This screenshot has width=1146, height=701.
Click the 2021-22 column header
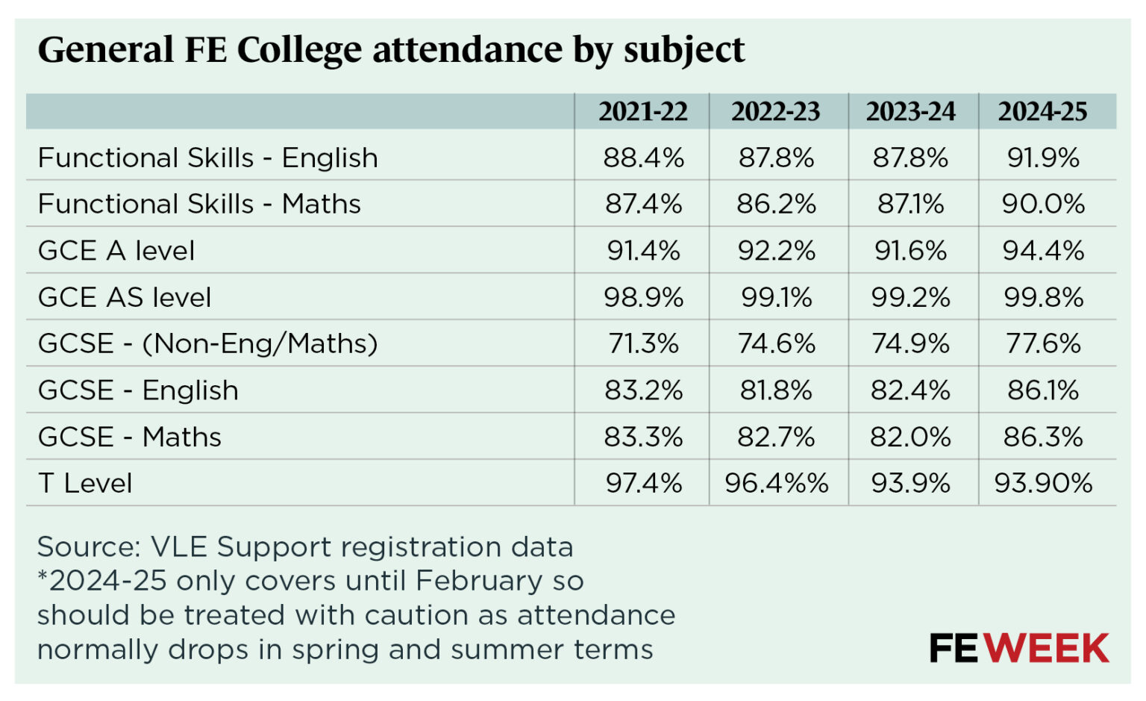point(642,111)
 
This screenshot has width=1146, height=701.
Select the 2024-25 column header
point(1042,111)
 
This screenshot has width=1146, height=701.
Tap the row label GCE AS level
point(125,297)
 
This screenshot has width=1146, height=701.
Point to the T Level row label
point(85,483)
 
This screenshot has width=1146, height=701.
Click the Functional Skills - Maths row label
point(199,204)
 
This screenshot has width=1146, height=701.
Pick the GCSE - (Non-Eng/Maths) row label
point(207,343)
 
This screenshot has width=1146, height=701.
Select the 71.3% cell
point(643,343)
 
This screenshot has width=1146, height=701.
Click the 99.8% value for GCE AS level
point(1043,297)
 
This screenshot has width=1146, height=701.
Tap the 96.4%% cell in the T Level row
point(776,483)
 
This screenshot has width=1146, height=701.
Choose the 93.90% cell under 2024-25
point(1043,483)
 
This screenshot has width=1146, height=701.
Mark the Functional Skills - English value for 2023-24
point(910,158)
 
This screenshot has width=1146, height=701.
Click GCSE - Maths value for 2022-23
point(776,437)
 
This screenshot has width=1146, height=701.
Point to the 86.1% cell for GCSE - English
point(1043,390)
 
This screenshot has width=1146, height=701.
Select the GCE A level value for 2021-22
point(643,251)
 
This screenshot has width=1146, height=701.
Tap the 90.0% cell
point(1043,204)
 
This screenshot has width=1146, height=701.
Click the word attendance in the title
point(468,50)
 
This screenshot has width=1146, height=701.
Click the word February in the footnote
point(479,581)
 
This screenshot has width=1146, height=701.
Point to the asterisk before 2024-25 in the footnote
point(43,576)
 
